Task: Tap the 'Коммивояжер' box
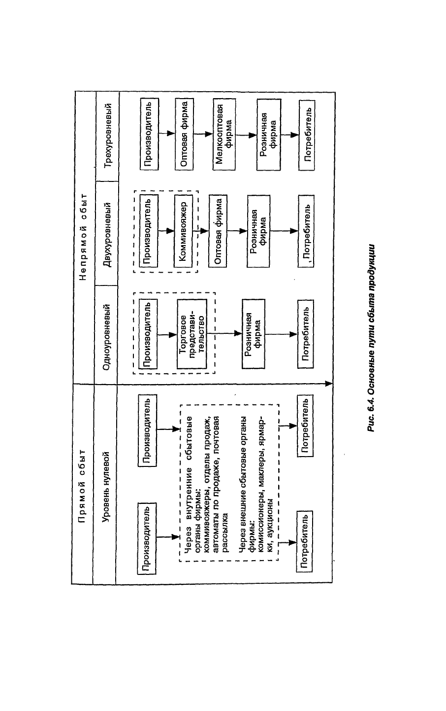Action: click(x=183, y=231)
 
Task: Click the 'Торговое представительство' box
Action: click(x=192, y=334)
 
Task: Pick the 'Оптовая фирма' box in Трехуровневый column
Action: click(x=184, y=134)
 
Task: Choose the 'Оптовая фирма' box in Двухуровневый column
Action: click(x=218, y=231)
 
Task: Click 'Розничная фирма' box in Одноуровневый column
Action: click(x=253, y=334)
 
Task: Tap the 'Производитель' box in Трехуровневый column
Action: click(x=149, y=134)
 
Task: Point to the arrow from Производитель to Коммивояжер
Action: click(x=166, y=231)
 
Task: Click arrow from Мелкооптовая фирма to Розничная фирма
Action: click(x=246, y=135)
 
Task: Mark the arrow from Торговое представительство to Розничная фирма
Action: click(x=224, y=333)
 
